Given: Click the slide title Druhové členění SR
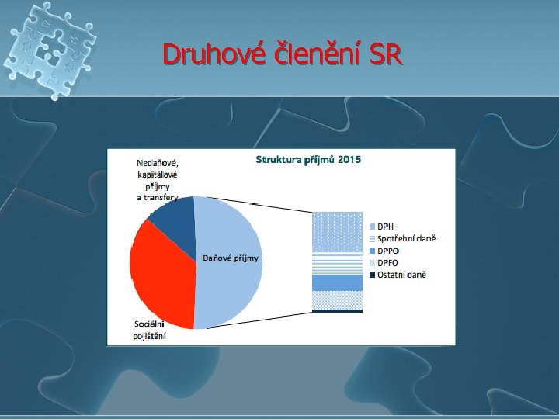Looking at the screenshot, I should click(x=283, y=54).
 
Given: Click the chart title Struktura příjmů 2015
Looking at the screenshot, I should click(x=308, y=160).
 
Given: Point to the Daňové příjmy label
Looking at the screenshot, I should click(x=231, y=258).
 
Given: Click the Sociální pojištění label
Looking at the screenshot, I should click(x=149, y=331).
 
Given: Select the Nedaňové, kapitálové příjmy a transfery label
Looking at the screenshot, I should click(x=157, y=180).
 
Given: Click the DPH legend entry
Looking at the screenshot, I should click(x=385, y=227).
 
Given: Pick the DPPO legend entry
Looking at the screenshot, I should click(x=387, y=251).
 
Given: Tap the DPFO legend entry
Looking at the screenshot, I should click(x=387, y=262).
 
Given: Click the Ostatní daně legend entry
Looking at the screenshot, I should click(x=401, y=275).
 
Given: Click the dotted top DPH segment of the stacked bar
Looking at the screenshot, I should click(x=337, y=232).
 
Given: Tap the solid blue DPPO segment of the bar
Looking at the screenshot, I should click(x=337, y=282).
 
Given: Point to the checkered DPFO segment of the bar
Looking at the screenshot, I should click(x=337, y=300).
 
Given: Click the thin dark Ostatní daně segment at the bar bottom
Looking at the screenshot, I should click(x=337, y=310).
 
